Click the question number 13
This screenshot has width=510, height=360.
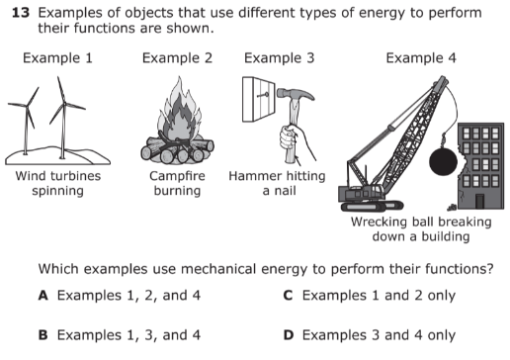[x=21, y=13]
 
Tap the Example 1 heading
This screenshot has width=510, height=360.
[x=57, y=58]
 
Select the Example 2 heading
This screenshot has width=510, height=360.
[x=177, y=58]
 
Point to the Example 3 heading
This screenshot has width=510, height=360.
[x=280, y=58]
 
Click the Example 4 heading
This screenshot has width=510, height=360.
[x=421, y=58]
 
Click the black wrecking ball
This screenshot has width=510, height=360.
[x=444, y=161]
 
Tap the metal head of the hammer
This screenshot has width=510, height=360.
[x=296, y=94]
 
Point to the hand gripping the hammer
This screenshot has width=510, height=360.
[x=295, y=141]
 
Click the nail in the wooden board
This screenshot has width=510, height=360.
[x=263, y=95]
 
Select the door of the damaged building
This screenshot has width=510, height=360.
[x=479, y=201]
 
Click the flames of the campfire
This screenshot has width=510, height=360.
[x=179, y=111]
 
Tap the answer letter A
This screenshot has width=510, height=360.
[x=43, y=296]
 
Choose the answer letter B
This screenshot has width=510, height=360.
[x=43, y=335]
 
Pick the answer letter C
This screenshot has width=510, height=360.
[x=288, y=296]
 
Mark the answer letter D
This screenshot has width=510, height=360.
[x=289, y=335]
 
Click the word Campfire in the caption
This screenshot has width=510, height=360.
[x=177, y=176]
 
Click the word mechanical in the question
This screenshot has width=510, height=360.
[x=218, y=269]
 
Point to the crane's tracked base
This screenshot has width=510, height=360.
[x=373, y=206]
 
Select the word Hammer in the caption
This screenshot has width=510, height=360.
[x=250, y=176]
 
